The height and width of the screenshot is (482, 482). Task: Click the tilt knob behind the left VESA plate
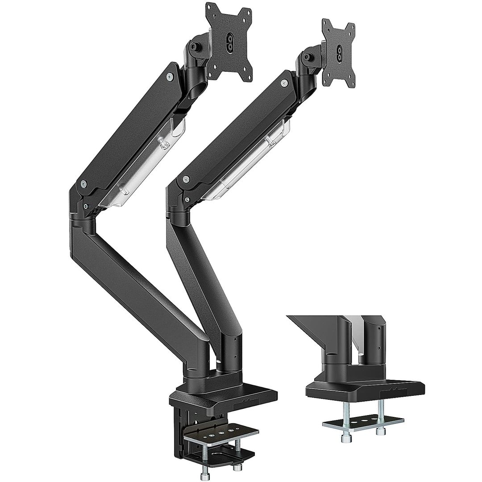(x=195, y=46)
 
